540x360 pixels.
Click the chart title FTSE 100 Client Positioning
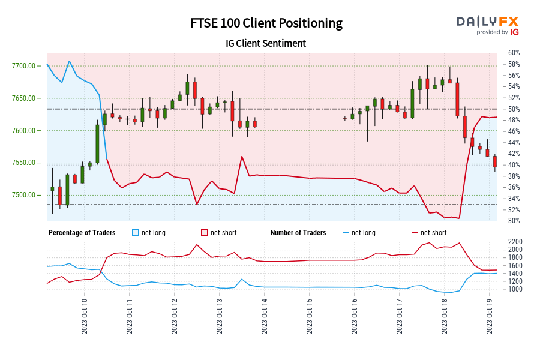266,23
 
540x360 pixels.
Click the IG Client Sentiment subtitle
266,43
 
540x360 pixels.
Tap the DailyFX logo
487,22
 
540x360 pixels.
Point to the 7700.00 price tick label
24,65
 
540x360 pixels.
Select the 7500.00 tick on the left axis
24,195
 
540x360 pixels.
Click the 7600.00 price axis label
24,130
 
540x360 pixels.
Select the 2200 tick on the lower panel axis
515,242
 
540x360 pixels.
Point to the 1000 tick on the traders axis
515,289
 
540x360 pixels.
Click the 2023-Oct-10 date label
85,316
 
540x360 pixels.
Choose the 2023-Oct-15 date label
310,316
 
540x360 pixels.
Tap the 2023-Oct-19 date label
490,316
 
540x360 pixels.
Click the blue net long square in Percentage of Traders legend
136,233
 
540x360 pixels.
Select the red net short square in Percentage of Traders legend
205,233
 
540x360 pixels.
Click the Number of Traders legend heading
298,233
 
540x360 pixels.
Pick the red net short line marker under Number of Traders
413,233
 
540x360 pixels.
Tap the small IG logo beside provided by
514,32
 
